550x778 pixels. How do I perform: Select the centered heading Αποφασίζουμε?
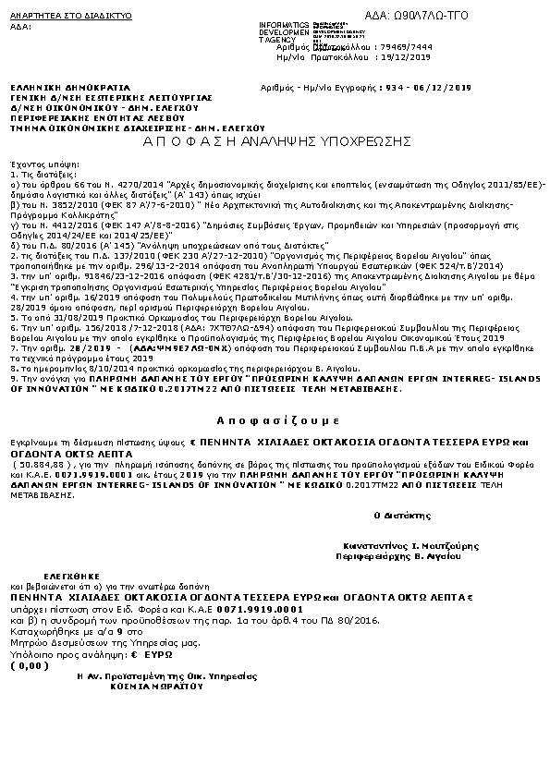[275, 418]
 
